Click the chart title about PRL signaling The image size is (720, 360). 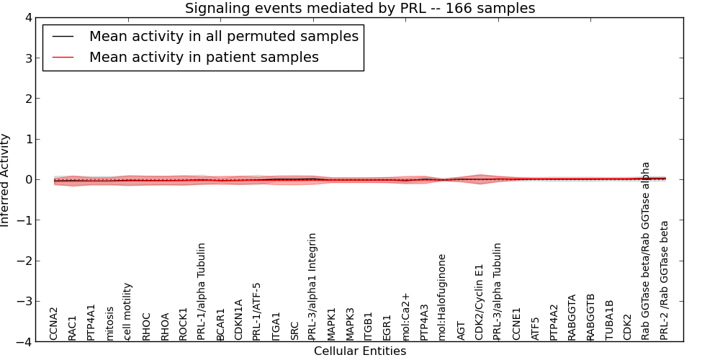click(360, 9)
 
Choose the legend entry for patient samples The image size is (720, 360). click(204, 57)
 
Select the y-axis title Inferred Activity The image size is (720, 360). click(6, 180)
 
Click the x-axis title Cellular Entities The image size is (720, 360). click(360, 351)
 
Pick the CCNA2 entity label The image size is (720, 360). click(54, 323)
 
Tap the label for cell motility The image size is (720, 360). click(128, 311)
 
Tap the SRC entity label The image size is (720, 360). click(294, 330)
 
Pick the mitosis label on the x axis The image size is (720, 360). click(109, 323)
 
